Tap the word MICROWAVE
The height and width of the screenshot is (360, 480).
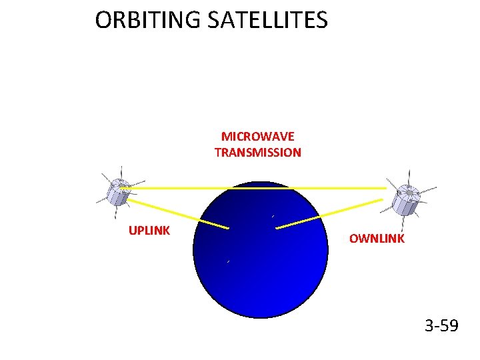point(257,137)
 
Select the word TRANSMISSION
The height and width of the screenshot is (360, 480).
point(257,153)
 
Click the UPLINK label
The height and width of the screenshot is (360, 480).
point(149,231)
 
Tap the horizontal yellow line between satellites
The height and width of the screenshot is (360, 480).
point(257,189)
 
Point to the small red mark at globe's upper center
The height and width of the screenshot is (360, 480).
point(273,216)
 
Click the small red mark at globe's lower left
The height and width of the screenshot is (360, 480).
point(227,262)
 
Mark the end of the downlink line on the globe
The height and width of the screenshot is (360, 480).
point(277,228)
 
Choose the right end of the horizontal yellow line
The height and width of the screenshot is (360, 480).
point(385,189)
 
